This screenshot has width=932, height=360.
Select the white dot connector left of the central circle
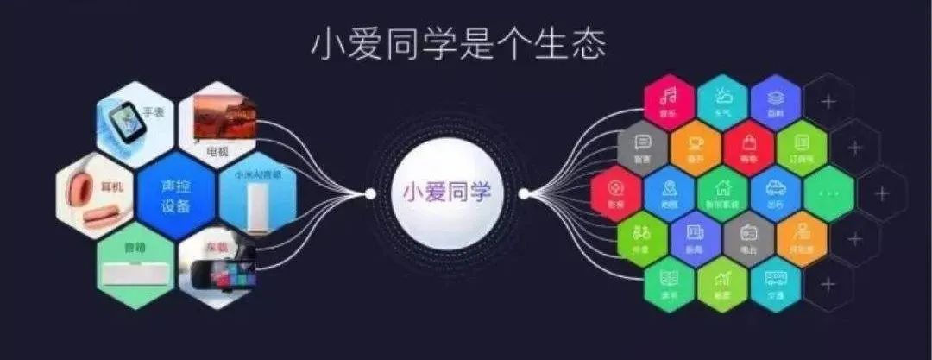pyautogui.click(x=370, y=193)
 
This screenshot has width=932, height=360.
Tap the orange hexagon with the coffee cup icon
pyautogui.click(x=696, y=147)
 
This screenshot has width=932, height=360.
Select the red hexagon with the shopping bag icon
pyautogui.click(x=748, y=147)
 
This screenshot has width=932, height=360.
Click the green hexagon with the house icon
pyautogui.click(x=722, y=193)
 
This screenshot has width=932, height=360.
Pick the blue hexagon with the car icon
pyautogui.click(x=775, y=193)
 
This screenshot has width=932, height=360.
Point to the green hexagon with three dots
pyautogui.click(x=828, y=193)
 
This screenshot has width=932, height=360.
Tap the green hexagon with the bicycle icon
pyautogui.click(x=643, y=239)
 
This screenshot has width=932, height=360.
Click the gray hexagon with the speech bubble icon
pyautogui.click(x=643, y=147)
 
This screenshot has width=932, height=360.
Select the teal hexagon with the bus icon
pyautogui.click(x=775, y=285)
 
